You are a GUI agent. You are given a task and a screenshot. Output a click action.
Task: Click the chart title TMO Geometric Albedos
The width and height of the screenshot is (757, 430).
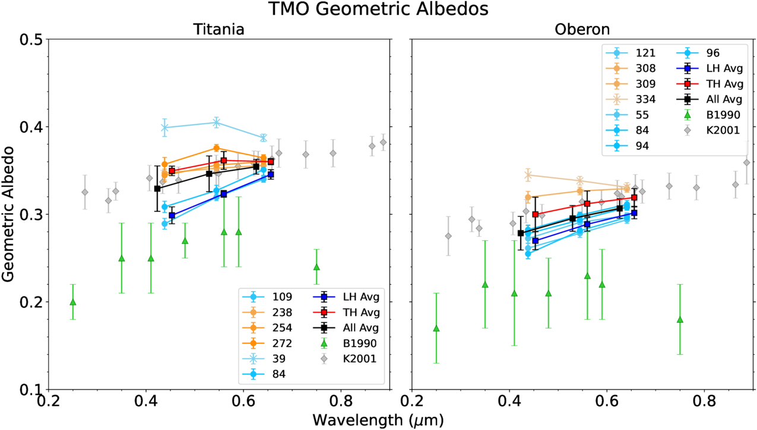tap(378, 9)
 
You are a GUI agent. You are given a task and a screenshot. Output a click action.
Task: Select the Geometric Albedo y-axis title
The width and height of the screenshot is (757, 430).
tap(9, 214)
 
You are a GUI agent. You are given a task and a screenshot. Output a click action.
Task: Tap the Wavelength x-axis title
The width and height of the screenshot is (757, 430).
tap(378, 419)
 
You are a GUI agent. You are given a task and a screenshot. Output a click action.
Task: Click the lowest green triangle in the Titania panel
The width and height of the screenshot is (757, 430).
tap(73, 302)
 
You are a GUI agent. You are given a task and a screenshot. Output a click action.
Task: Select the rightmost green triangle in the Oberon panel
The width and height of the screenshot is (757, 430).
tap(680, 320)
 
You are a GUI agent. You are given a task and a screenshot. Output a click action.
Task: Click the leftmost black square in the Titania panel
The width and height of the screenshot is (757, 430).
tap(157, 189)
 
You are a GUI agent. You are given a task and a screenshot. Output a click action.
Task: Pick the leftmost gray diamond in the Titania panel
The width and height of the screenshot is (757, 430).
tap(85, 192)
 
